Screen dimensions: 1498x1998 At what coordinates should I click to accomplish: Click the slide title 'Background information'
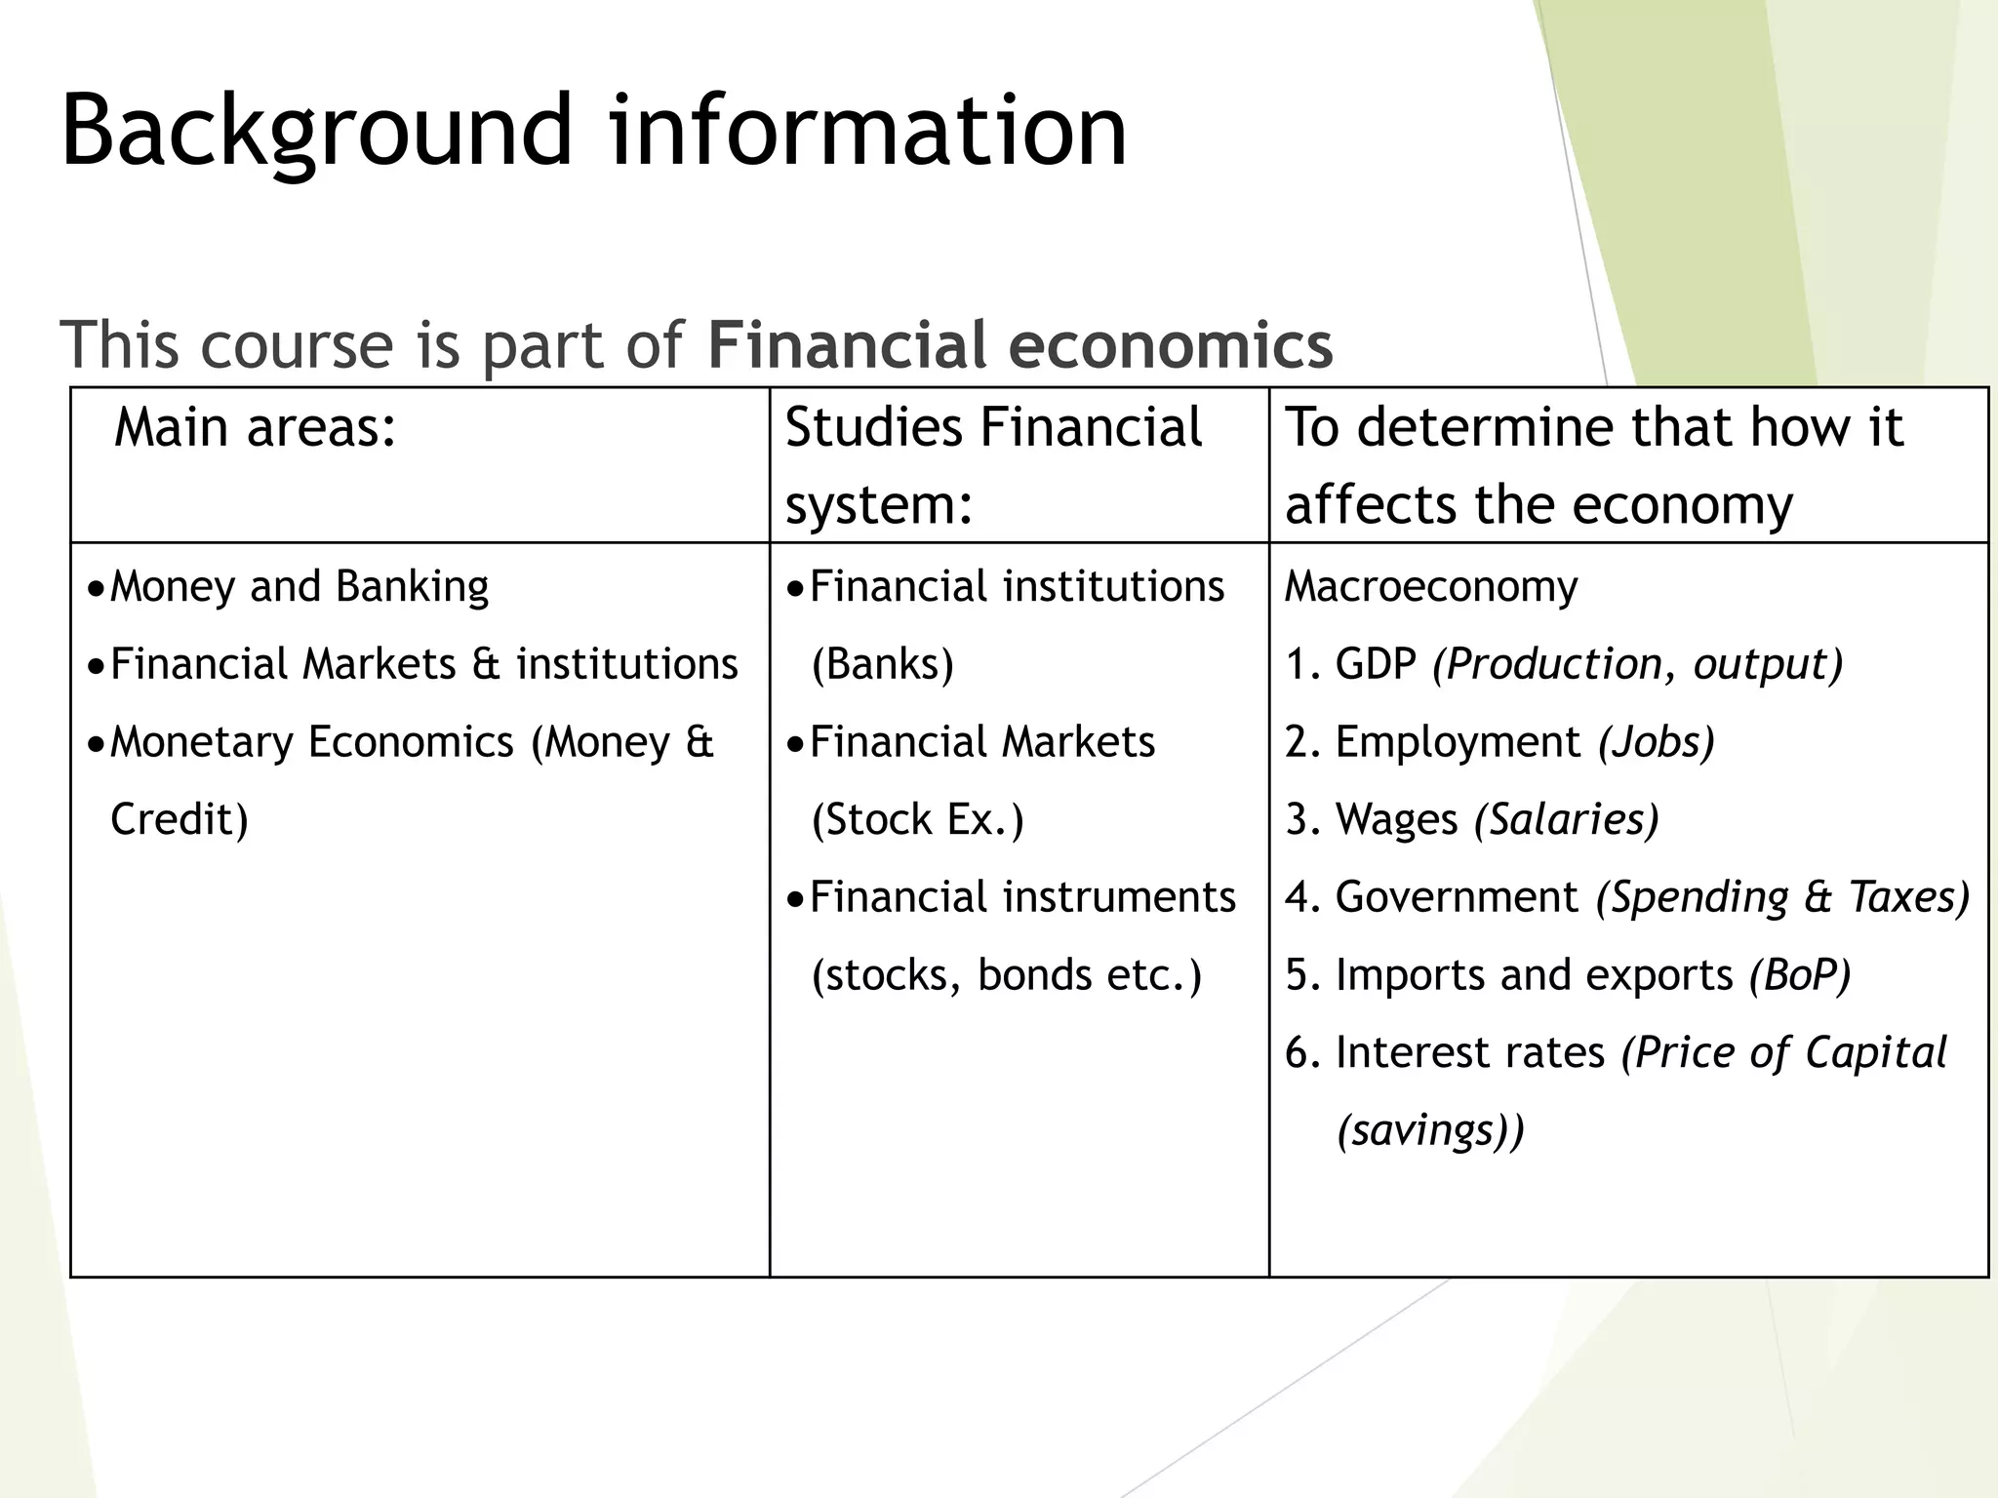coord(593,130)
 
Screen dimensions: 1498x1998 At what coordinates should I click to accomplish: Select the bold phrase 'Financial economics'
coord(1019,344)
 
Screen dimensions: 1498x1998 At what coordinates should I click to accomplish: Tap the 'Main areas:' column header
coord(256,427)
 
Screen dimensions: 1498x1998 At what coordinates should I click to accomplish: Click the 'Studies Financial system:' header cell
coord(993,465)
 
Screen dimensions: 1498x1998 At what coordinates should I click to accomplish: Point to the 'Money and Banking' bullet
coord(299,587)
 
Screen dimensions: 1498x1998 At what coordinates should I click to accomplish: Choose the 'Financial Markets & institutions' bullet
coord(423,664)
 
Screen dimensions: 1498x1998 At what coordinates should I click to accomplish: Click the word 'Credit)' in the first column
coord(180,819)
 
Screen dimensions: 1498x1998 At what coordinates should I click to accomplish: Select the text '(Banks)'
coord(882,664)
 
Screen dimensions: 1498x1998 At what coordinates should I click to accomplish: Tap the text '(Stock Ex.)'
coord(917,819)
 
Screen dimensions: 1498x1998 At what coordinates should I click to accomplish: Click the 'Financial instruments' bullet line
coord(1022,897)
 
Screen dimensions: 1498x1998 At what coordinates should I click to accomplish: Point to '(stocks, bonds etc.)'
coord(1006,974)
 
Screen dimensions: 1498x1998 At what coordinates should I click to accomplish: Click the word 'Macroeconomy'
coord(1430,587)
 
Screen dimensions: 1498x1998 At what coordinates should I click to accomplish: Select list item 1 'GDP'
coord(1375,664)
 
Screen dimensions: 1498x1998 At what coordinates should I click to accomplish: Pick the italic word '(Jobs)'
coord(1656,742)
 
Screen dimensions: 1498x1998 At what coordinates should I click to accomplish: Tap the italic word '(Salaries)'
coord(1566,819)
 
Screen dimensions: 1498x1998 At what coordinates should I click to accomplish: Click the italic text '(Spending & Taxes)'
coord(1782,897)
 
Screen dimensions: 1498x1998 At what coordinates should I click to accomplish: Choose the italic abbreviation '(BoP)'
coord(1800,974)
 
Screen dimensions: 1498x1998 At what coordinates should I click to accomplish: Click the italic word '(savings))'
coord(1430,1130)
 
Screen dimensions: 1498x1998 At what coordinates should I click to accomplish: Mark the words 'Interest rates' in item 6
coord(1469,1052)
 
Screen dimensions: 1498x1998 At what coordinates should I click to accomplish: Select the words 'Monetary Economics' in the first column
coord(311,742)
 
